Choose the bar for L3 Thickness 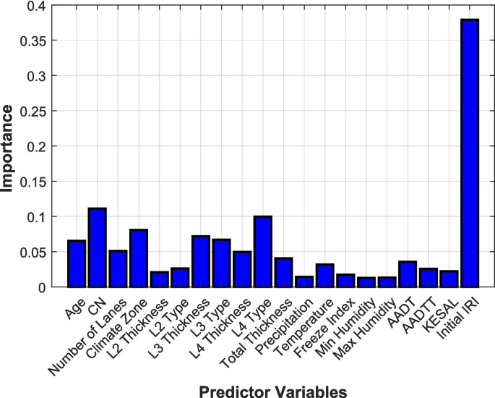201,261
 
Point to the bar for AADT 408,274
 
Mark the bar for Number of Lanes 118,268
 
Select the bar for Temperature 325,276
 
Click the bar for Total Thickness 284,272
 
